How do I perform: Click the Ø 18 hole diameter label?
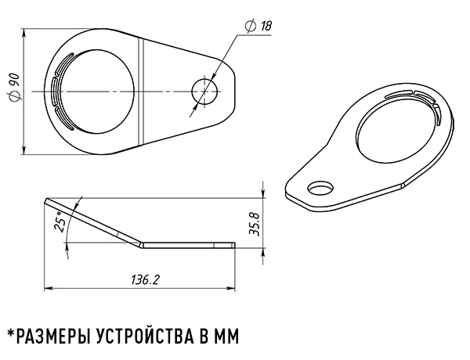[x=259, y=27]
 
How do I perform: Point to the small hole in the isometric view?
[x=320, y=189]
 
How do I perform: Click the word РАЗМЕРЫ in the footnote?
[x=55, y=337]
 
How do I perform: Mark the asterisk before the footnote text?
[x=10, y=333]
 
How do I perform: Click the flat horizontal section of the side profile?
[x=188, y=245]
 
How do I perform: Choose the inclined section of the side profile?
[x=94, y=222]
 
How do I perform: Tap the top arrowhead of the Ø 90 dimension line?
[x=24, y=32]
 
